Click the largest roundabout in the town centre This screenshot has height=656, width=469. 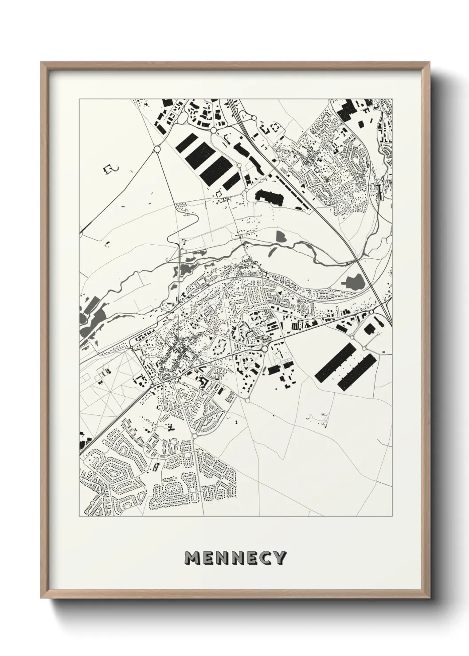[265, 349]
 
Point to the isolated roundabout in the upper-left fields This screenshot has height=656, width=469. [156, 150]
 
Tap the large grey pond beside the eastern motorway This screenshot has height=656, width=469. [353, 281]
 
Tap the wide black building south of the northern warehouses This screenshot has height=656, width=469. [269, 197]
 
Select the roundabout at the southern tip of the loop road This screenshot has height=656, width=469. [247, 400]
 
